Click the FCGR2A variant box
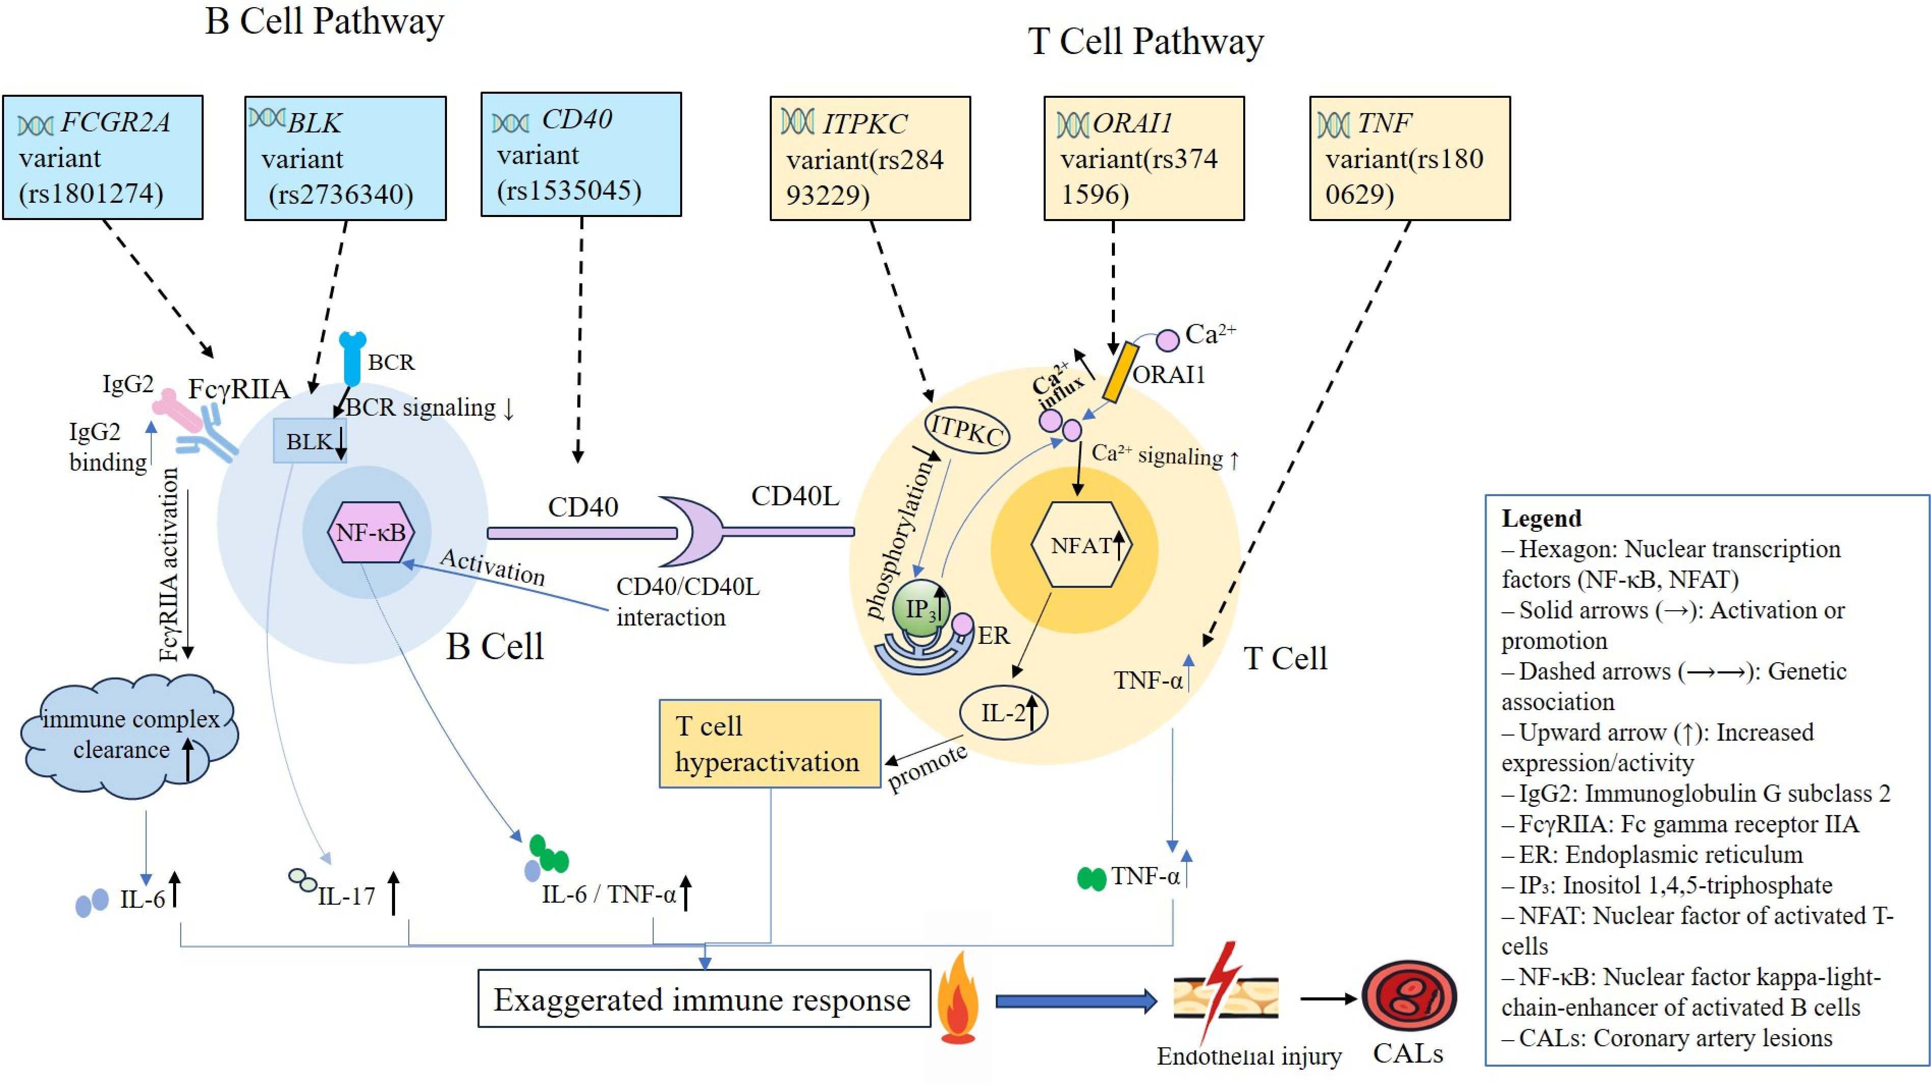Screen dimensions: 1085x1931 [103, 157]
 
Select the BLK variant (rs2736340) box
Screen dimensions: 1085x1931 [346, 158]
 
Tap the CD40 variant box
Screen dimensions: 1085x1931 [581, 154]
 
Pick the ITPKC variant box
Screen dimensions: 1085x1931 [871, 158]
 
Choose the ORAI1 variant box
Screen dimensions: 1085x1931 [1144, 158]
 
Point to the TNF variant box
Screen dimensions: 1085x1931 [1409, 158]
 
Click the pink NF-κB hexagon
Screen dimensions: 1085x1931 [371, 532]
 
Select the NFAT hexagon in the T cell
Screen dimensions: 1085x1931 [1081, 545]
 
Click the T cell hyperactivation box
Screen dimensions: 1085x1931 [770, 744]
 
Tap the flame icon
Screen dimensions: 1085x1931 [958, 999]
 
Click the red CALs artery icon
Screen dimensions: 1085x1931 [1409, 997]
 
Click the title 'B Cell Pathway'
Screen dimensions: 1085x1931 [325, 21]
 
